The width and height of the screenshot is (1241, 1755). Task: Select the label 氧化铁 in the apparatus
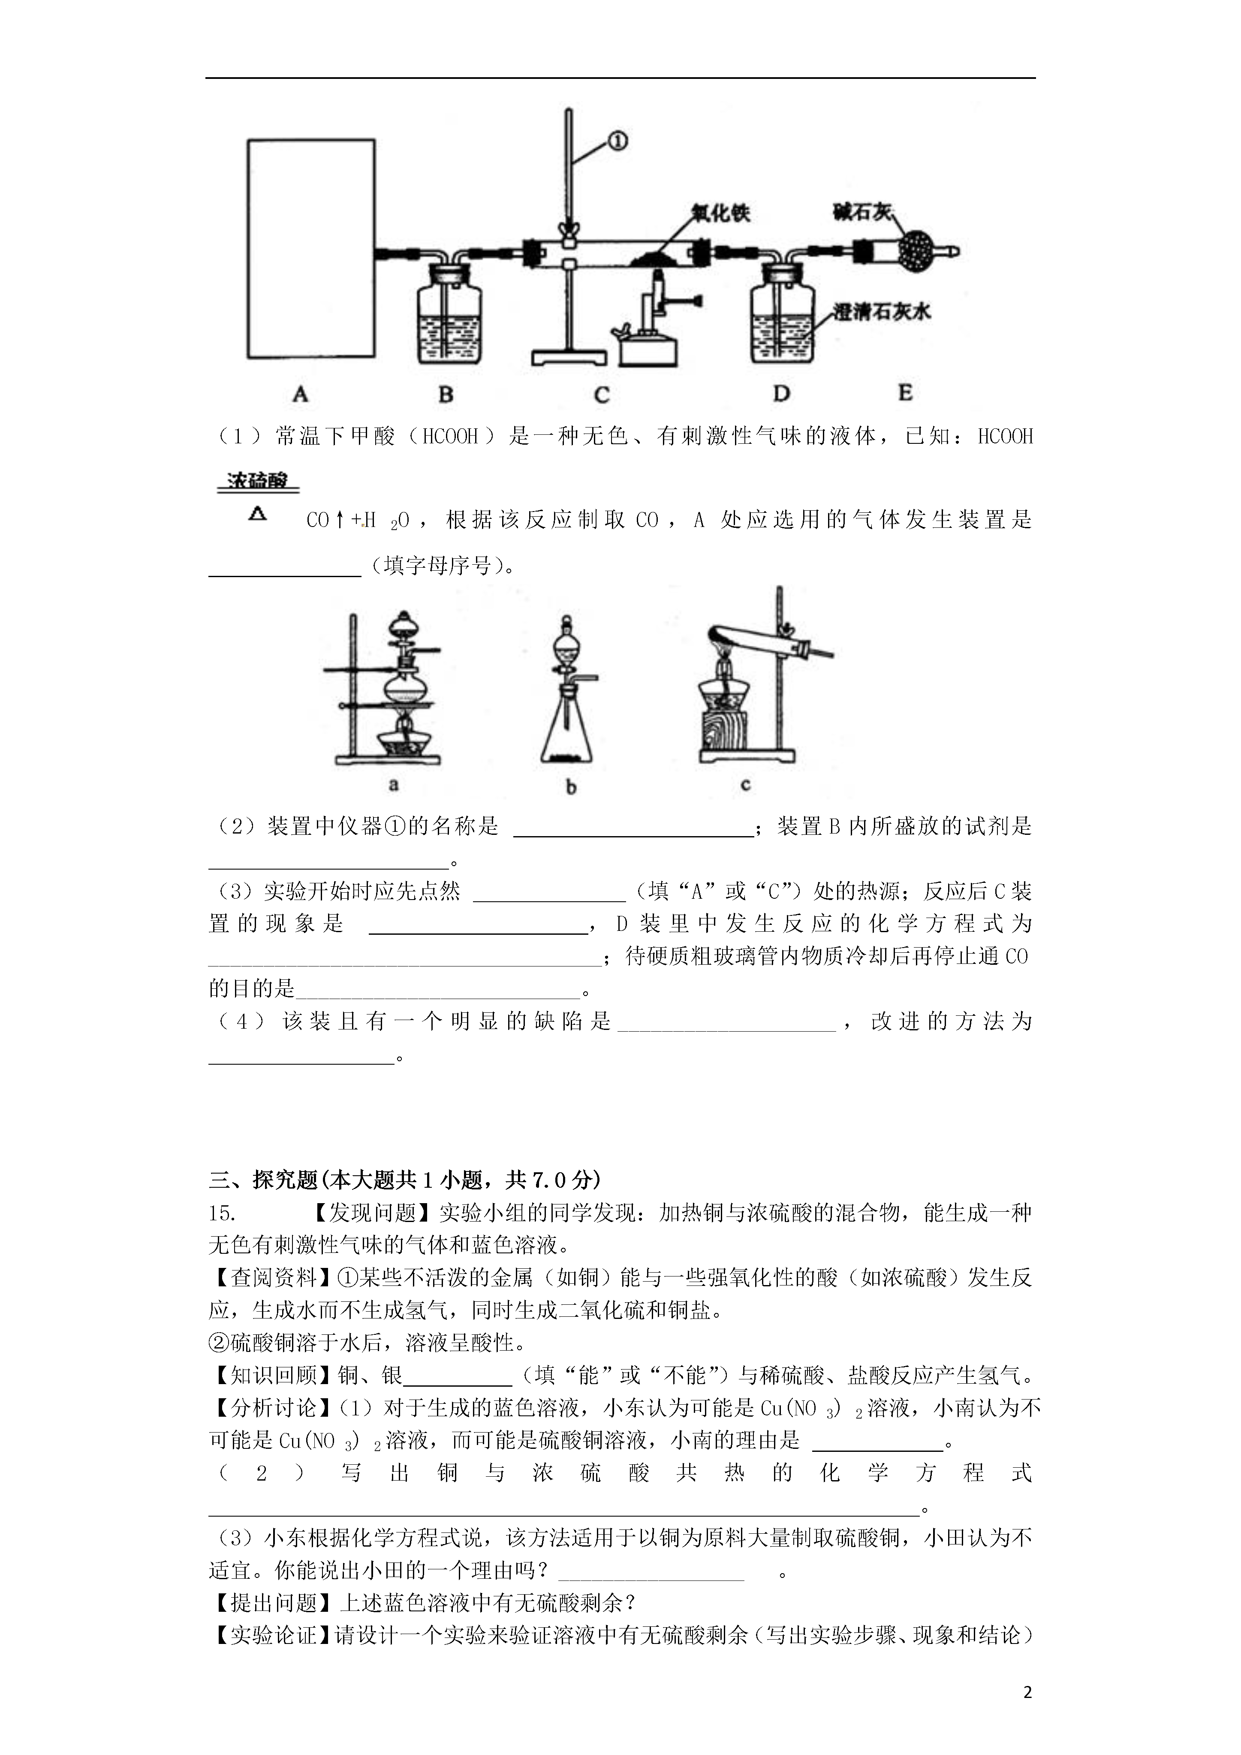pyautogui.click(x=720, y=213)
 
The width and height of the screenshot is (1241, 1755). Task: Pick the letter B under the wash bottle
pyautogui.click(x=446, y=394)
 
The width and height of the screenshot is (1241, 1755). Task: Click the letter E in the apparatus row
pyautogui.click(x=905, y=393)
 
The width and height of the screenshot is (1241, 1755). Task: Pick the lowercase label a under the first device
pyautogui.click(x=394, y=783)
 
